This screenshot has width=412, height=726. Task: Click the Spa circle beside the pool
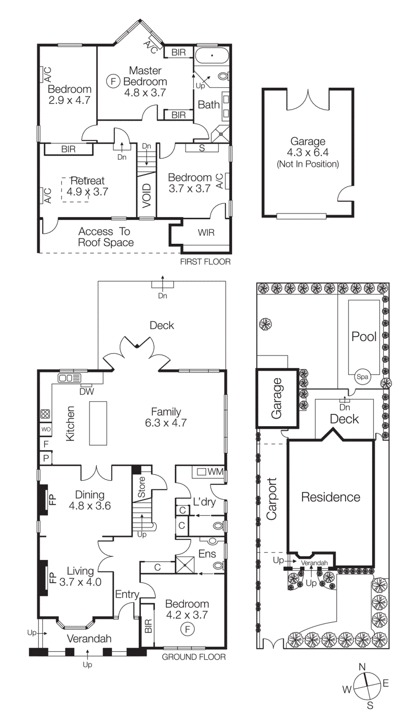tap(362, 377)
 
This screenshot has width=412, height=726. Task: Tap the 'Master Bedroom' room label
tap(145, 77)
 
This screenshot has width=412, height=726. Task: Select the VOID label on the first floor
tap(146, 196)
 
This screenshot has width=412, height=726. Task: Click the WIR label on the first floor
tap(206, 233)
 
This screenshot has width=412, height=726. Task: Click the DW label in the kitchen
tap(87, 392)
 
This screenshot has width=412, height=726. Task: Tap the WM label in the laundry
tap(215, 472)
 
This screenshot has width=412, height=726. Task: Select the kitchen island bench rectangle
tap(98, 423)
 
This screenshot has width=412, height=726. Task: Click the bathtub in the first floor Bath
tap(212, 56)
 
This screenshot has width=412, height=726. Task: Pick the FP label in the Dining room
tap(53, 500)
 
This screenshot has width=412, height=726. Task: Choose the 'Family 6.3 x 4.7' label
tap(166, 417)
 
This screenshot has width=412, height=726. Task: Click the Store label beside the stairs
tap(142, 486)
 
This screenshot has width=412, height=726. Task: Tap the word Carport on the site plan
tap(271, 499)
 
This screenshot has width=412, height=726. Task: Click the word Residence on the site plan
tap(330, 497)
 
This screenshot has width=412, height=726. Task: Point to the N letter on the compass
tap(362, 667)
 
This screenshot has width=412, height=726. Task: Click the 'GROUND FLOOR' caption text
tap(194, 657)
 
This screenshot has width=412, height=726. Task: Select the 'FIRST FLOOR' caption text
tap(205, 262)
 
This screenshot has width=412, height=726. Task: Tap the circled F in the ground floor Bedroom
tap(187, 629)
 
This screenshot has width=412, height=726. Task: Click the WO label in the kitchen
tap(46, 429)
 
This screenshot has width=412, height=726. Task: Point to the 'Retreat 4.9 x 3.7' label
tap(87, 186)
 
